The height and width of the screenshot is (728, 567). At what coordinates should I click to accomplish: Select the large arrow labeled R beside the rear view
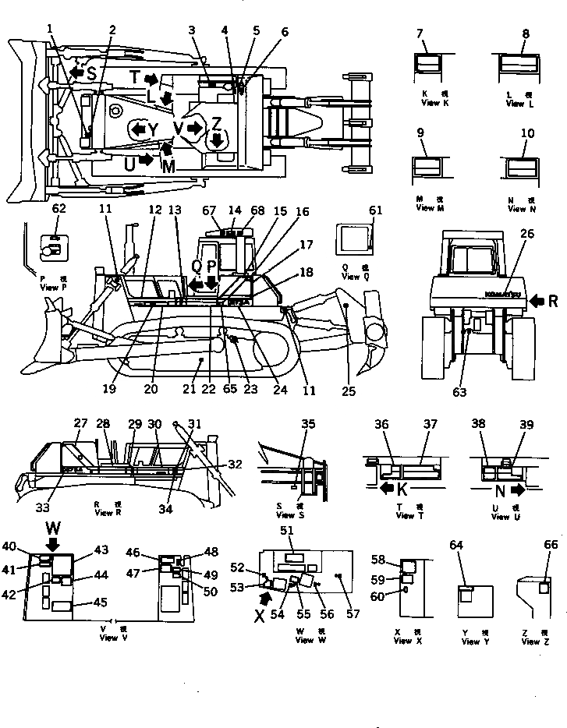pyautogui.click(x=537, y=299)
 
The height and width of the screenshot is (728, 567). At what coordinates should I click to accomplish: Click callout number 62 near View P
pyautogui.click(x=58, y=209)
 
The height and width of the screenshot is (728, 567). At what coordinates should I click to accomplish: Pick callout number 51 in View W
pyautogui.click(x=285, y=531)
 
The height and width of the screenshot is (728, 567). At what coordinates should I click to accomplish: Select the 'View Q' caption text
pyautogui.click(x=351, y=277)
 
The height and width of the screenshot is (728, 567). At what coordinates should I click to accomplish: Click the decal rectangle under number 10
pyautogui.click(x=519, y=168)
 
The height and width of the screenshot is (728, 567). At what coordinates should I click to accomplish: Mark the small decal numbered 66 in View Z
pyautogui.click(x=544, y=588)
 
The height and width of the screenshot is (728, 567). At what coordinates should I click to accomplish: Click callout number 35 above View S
pyautogui.click(x=308, y=425)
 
